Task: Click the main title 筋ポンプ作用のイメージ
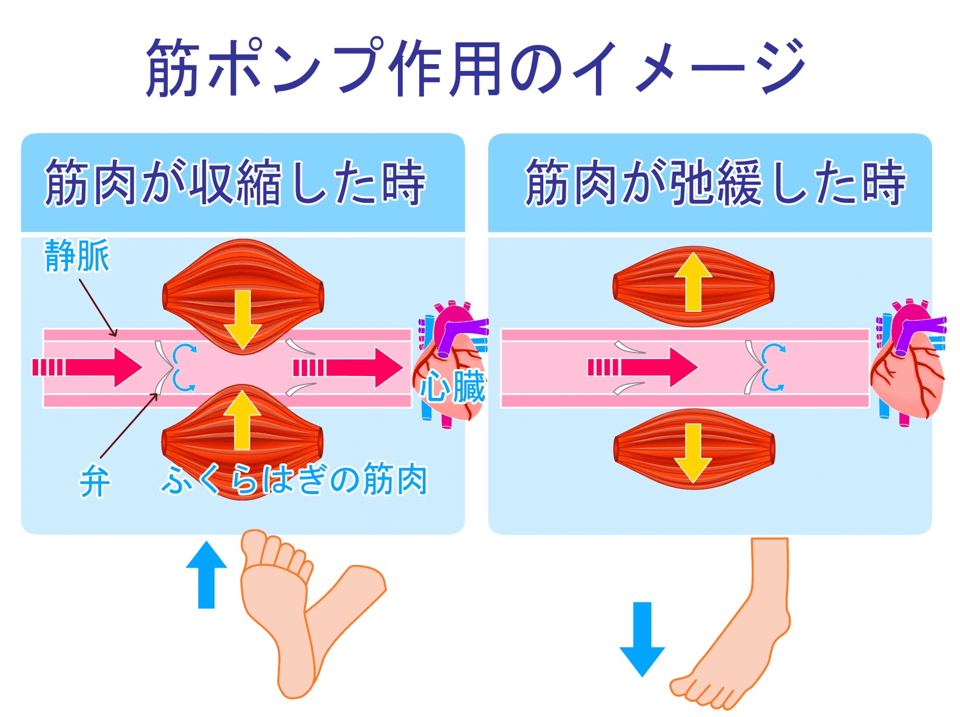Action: tap(475, 68)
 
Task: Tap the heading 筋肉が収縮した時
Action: tap(235, 182)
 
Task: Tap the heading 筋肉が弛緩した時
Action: tap(715, 182)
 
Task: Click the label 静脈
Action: tap(77, 256)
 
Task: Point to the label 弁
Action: tap(94, 483)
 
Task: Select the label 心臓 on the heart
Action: tap(453, 387)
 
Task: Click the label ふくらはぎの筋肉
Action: tap(294, 480)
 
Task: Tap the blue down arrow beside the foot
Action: tap(642, 638)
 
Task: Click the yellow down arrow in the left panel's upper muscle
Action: tap(242, 319)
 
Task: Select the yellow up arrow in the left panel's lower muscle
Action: tap(242, 420)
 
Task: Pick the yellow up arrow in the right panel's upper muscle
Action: tap(693, 282)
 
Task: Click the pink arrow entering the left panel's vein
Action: tap(91, 367)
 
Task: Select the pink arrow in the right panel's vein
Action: tap(645, 367)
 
